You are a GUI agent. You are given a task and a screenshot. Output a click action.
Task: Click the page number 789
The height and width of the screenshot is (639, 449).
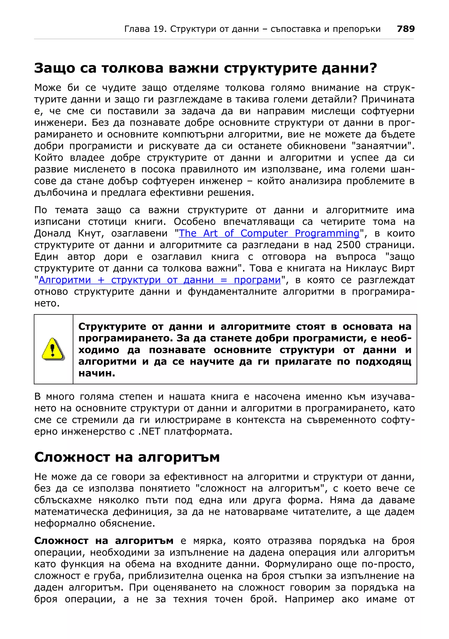(x=406, y=29)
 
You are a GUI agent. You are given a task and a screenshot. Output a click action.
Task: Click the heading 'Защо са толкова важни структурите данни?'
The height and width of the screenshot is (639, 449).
(x=205, y=68)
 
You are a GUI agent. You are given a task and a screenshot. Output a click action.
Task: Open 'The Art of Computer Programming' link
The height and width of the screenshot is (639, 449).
(x=269, y=233)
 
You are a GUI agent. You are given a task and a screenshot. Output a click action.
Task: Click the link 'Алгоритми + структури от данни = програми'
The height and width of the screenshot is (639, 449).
(x=160, y=280)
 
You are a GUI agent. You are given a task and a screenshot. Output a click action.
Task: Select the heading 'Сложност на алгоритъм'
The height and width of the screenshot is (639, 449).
(x=127, y=457)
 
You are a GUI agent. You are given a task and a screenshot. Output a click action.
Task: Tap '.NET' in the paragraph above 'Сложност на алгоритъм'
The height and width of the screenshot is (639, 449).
(x=149, y=432)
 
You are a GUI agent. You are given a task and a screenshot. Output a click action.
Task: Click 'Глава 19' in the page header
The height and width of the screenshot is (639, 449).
(x=145, y=29)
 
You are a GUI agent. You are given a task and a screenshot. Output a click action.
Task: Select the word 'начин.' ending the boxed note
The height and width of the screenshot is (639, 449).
(x=96, y=373)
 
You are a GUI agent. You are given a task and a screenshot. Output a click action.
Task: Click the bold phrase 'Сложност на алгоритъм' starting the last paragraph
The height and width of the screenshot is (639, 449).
(x=104, y=541)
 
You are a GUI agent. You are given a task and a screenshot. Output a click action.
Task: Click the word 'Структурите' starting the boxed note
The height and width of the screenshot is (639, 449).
(x=112, y=327)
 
